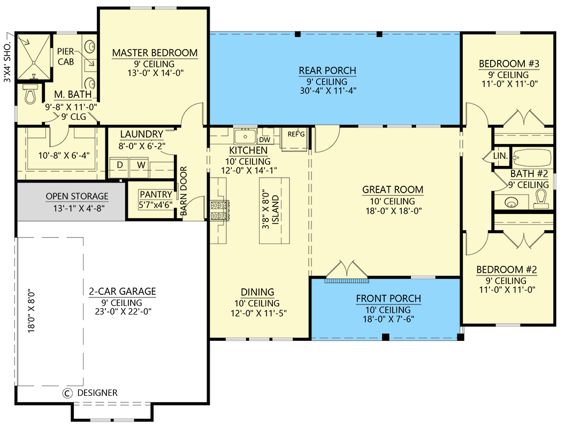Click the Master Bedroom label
[x=155, y=53]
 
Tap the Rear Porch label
[x=327, y=71]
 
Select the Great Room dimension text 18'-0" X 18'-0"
[x=393, y=211]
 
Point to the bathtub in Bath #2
[x=532, y=157]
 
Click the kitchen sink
[x=245, y=136]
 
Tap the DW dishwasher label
[x=264, y=140]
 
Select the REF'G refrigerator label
[x=296, y=134]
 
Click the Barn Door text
[x=184, y=191]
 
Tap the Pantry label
[x=156, y=195]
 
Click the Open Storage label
[x=77, y=196]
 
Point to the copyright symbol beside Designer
[x=67, y=393]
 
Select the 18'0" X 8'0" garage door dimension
[x=32, y=310]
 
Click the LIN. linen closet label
[x=500, y=156]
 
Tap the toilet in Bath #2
[x=541, y=199]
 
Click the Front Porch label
[x=388, y=299]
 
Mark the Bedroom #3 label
[x=509, y=64]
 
